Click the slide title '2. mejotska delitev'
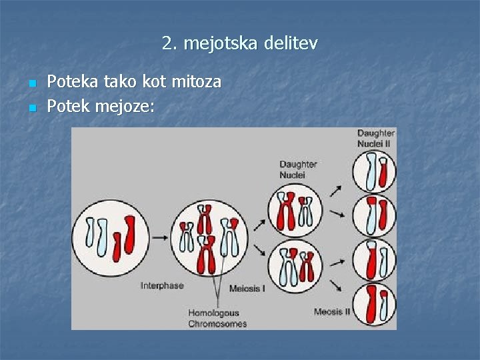pyautogui.click(x=240, y=44)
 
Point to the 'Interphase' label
pyautogui.click(x=162, y=285)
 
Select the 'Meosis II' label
pyautogui.click(x=332, y=311)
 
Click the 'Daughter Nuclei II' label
pyautogui.click(x=376, y=138)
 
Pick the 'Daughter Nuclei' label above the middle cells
pyautogui.click(x=298, y=169)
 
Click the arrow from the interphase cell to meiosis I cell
pyautogui.click(x=159, y=236)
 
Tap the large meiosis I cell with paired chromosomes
pyautogui.click(x=209, y=237)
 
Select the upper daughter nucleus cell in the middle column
pyautogui.click(x=295, y=211)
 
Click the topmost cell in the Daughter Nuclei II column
pyautogui.click(x=374, y=171)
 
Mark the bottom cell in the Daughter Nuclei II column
pyautogui.click(x=374, y=303)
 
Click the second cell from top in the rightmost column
pyautogui.click(x=374, y=215)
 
